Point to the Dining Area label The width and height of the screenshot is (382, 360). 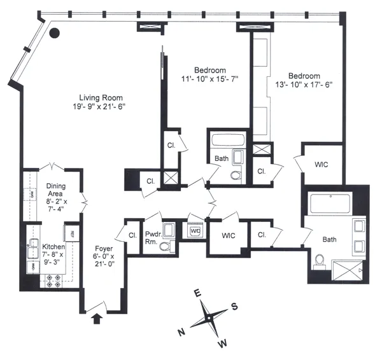pyautogui.click(x=60, y=186)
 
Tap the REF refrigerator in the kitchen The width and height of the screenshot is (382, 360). pyautogui.click(x=73, y=233)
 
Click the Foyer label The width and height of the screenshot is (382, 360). pyautogui.click(x=104, y=249)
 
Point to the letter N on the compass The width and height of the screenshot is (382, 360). pyautogui.click(x=181, y=332)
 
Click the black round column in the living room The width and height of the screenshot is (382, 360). pyautogui.click(x=56, y=33)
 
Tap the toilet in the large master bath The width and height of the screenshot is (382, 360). pyautogui.click(x=318, y=259)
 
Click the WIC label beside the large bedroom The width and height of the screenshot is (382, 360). pyautogui.click(x=322, y=164)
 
